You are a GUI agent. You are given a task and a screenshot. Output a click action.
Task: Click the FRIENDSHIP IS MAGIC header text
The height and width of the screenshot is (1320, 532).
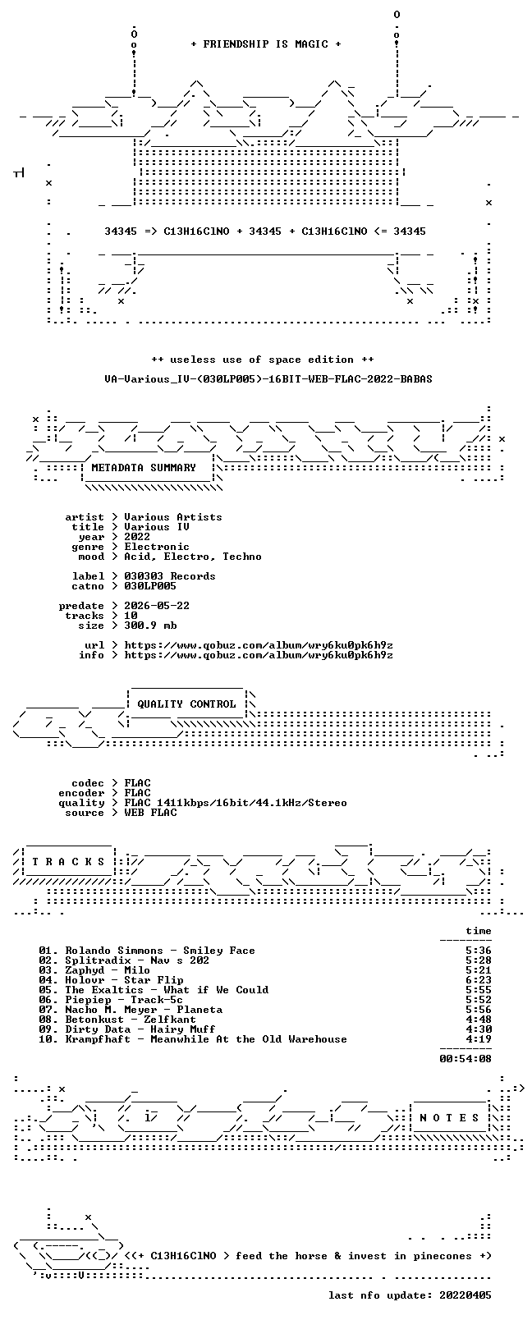point(266,44)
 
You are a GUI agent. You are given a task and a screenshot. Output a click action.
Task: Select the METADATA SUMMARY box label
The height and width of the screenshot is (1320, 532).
point(143,468)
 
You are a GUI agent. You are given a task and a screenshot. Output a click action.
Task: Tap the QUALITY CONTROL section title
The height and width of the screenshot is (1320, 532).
point(186,704)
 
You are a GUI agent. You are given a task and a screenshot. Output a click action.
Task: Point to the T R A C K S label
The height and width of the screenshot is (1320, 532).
point(68,862)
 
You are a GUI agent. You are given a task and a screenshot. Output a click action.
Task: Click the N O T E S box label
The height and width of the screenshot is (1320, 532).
point(450,1118)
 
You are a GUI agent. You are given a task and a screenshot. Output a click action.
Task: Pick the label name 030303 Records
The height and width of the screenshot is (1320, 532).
point(170,576)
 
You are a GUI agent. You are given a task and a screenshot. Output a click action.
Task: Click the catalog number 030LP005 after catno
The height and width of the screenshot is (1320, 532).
point(150,586)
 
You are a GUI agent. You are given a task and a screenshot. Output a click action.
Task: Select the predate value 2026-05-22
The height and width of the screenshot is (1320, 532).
point(157,606)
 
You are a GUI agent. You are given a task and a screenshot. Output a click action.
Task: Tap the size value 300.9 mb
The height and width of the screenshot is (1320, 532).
point(150,626)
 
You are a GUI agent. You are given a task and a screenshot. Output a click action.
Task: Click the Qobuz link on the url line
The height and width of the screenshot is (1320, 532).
point(259,645)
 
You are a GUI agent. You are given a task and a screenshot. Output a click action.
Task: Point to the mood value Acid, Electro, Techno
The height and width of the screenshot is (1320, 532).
point(193,557)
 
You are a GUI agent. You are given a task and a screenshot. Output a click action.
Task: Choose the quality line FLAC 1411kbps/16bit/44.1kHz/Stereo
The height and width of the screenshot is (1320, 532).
point(236,803)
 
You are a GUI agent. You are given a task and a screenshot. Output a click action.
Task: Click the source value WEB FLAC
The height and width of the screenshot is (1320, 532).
point(150,814)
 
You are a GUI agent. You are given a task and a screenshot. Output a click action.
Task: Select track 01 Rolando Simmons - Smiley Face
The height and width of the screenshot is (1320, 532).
point(147,951)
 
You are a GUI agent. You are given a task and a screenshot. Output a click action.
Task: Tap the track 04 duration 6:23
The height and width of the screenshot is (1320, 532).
point(479,980)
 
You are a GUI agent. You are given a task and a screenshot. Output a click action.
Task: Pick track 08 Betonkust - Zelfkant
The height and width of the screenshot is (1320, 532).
point(117,1020)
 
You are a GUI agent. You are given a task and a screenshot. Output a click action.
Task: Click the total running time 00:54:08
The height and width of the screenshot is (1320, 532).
point(465,1059)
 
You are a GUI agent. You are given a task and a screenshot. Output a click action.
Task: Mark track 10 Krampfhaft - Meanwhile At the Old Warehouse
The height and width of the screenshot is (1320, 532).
point(193,1039)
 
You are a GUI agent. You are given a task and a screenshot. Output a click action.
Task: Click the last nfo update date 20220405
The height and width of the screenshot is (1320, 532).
point(465,1295)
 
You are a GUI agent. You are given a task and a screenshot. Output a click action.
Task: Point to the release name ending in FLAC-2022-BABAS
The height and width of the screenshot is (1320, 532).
point(268,379)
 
